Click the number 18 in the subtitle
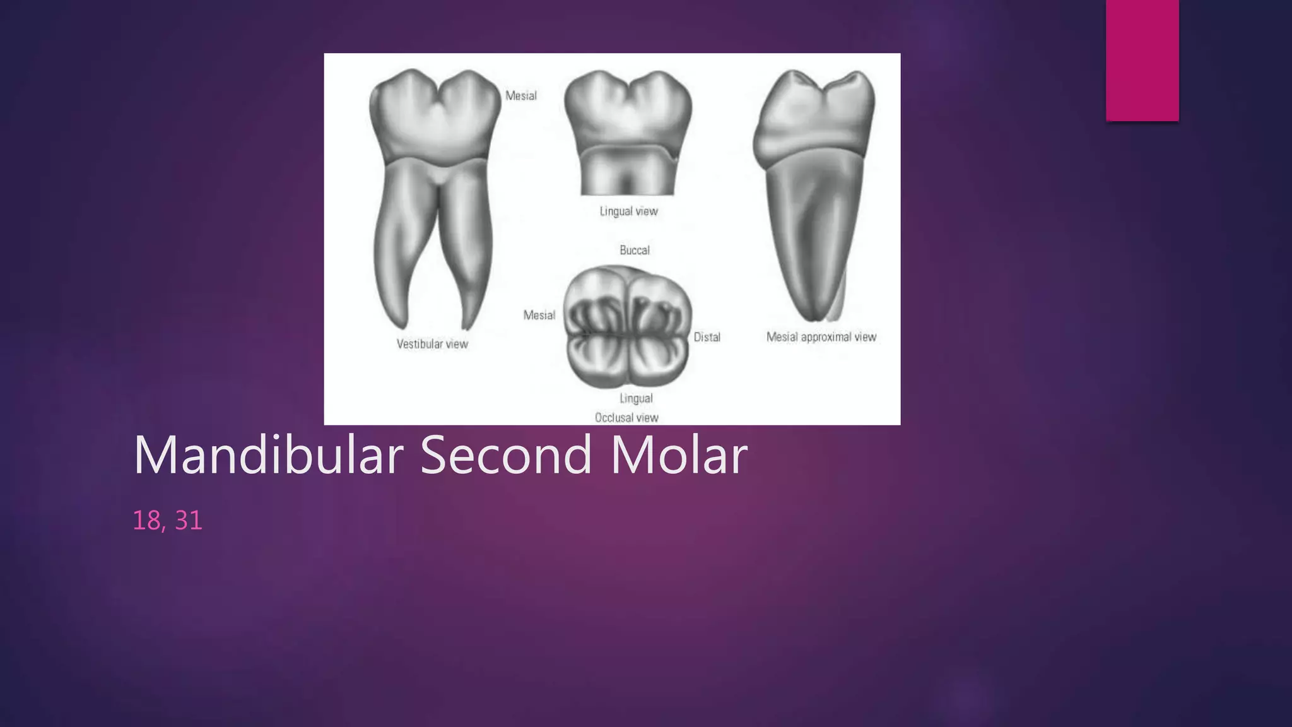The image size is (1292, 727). click(x=146, y=521)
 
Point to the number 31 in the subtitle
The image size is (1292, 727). click(x=188, y=521)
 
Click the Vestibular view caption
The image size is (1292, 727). click(x=432, y=344)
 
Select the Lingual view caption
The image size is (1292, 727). click(x=628, y=211)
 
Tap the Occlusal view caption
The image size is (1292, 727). click(x=626, y=418)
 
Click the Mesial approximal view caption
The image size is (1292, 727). click(x=821, y=337)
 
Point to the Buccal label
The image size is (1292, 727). click(x=635, y=251)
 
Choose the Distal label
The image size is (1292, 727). click(x=707, y=337)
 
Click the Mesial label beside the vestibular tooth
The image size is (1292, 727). click(x=521, y=96)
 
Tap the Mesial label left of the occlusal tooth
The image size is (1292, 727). click(x=539, y=315)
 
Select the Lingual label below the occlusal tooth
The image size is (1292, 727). click(x=636, y=398)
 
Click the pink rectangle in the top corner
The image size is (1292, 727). click(x=1142, y=60)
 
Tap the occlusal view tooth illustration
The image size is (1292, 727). click(x=628, y=327)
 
